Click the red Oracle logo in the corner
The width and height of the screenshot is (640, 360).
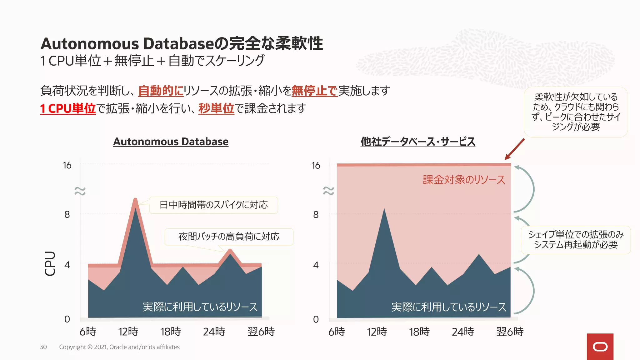(x=600, y=347)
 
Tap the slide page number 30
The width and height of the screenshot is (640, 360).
(x=43, y=347)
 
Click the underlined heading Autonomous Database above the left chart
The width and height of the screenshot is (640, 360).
(x=171, y=142)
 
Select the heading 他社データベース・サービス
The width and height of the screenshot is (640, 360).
(x=418, y=142)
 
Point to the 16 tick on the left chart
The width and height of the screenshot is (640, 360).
(x=67, y=165)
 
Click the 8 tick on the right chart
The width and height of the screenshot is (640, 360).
(x=316, y=215)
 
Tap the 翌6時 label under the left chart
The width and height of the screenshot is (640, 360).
(x=261, y=332)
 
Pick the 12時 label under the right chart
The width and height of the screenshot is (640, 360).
(x=377, y=332)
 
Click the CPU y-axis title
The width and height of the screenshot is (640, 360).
(x=50, y=263)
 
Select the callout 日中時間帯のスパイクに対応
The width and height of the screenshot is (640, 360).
(x=213, y=205)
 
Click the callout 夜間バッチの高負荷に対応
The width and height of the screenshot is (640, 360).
(x=229, y=237)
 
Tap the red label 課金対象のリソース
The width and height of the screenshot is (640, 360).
(x=464, y=180)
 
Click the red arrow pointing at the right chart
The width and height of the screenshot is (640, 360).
(x=514, y=149)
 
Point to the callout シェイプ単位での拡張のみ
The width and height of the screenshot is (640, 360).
(x=576, y=240)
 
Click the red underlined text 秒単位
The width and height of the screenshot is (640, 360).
(x=216, y=108)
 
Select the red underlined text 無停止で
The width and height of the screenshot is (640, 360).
(x=314, y=91)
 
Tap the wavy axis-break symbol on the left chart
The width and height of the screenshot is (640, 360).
(x=80, y=191)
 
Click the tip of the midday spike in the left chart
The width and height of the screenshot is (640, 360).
(x=135, y=200)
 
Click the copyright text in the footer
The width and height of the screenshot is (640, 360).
(x=119, y=347)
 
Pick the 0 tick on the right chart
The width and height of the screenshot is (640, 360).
(x=316, y=319)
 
